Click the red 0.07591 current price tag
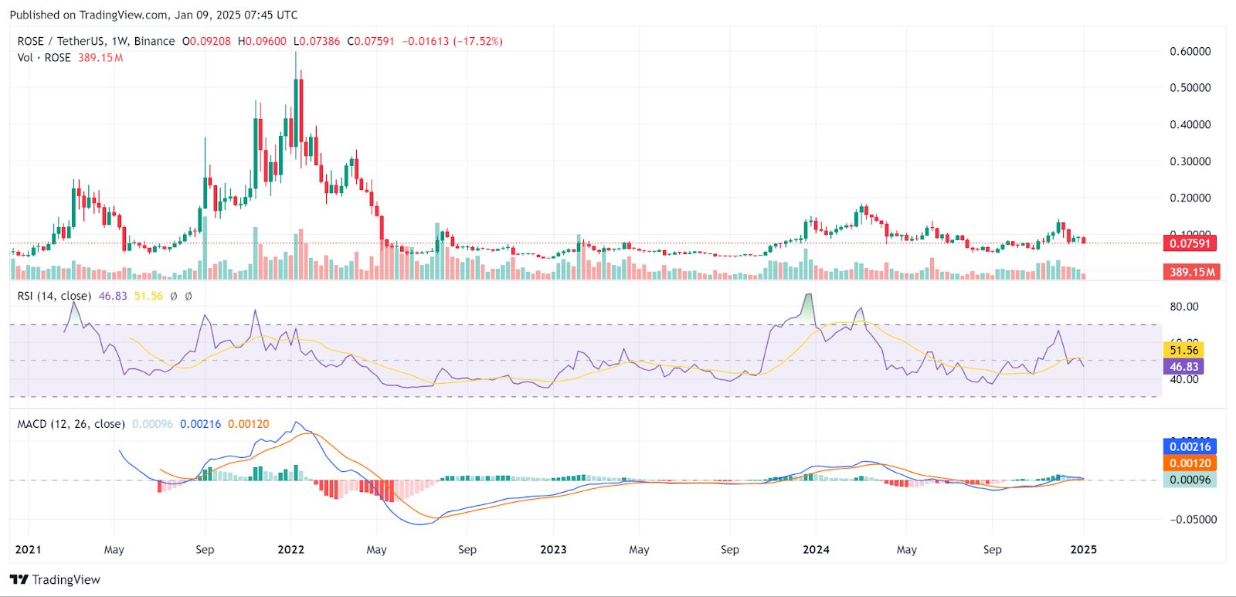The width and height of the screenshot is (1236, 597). [1190, 243]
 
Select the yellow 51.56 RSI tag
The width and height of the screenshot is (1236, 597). [1183, 351]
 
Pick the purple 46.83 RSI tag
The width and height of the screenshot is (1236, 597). [1183, 367]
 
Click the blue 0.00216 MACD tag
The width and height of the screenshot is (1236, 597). [1190, 446]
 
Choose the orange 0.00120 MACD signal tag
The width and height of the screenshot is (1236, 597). [1190, 463]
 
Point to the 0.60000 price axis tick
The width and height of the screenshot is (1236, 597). [1190, 52]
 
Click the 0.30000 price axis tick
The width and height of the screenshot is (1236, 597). [1190, 161]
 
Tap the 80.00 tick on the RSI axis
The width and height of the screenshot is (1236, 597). [1183, 307]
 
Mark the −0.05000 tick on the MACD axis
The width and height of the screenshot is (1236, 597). [1193, 520]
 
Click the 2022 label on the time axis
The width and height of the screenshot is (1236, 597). [290, 550]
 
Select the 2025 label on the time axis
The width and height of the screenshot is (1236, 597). [1083, 550]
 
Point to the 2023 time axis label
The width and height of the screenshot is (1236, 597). [553, 550]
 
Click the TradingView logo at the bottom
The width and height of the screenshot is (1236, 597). [56, 580]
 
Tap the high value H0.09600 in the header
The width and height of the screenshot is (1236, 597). [262, 41]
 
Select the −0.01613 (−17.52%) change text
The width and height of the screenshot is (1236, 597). [453, 41]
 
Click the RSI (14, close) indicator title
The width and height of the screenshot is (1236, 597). [54, 296]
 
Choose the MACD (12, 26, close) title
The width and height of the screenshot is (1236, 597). [71, 424]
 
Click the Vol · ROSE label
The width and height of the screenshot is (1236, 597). [44, 58]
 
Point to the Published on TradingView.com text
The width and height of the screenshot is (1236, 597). [153, 15]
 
